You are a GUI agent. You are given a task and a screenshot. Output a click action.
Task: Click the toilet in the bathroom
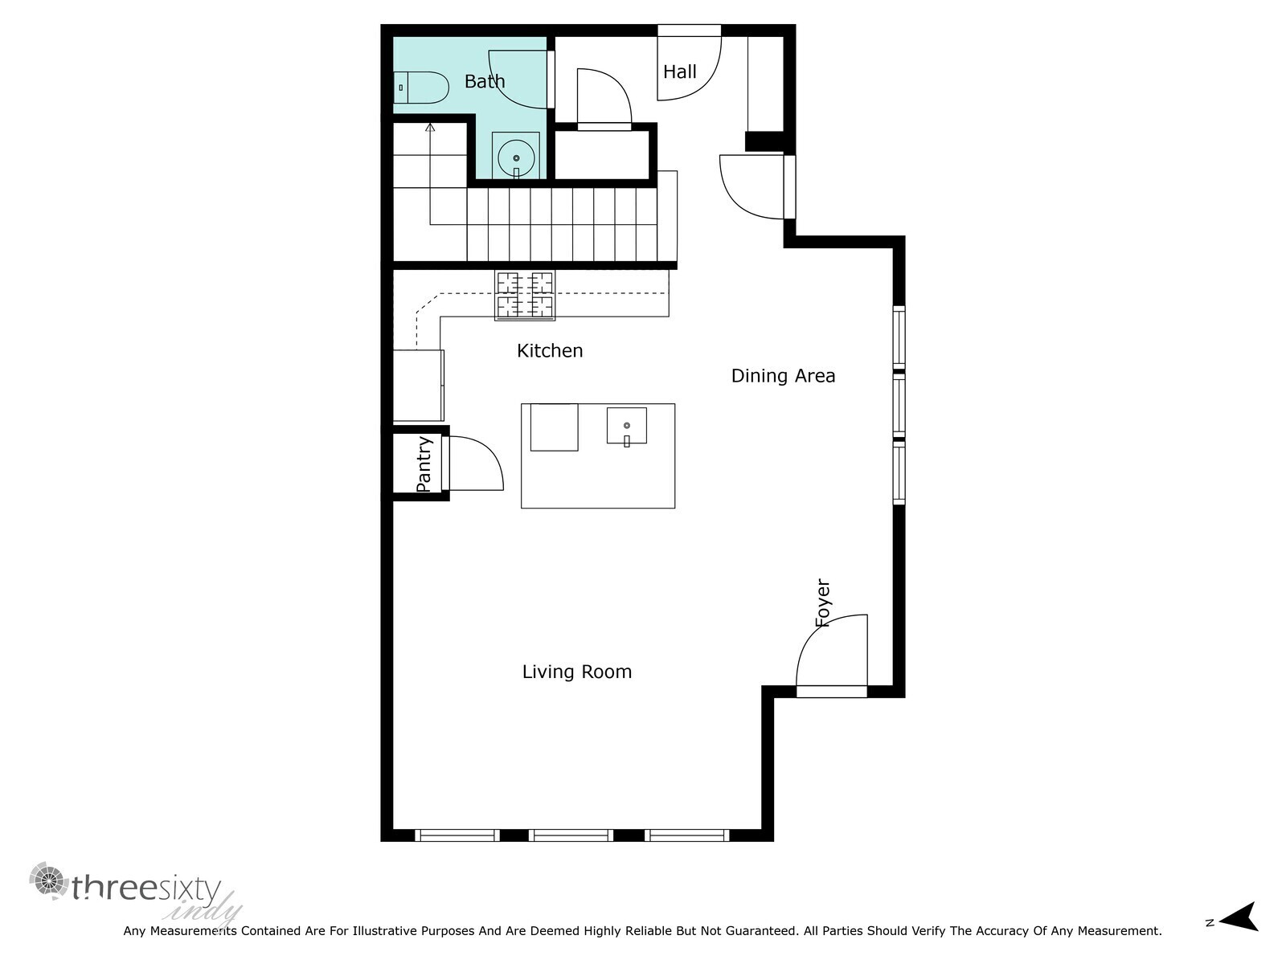click(421, 87)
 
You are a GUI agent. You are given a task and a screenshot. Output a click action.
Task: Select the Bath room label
click(485, 81)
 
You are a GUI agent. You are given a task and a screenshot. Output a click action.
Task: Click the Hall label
click(679, 72)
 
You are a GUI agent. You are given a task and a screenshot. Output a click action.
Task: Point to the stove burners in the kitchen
click(525, 296)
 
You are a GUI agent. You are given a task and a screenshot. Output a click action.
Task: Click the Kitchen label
click(550, 351)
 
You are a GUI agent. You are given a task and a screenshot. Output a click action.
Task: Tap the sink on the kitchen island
click(626, 426)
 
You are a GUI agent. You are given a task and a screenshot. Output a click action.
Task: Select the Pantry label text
click(424, 464)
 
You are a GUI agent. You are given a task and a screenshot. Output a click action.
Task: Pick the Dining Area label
click(783, 376)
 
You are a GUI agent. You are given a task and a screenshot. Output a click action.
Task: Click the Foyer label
click(822, 602)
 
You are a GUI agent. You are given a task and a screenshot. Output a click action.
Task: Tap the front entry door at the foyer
click(832, 690)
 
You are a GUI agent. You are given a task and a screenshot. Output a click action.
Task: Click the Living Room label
click(577, 672)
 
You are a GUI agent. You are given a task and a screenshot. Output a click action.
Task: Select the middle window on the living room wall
click(571, 835)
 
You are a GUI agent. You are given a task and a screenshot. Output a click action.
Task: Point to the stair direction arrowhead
click(430, 126)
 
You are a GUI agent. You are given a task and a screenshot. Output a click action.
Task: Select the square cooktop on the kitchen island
click(554, 427)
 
